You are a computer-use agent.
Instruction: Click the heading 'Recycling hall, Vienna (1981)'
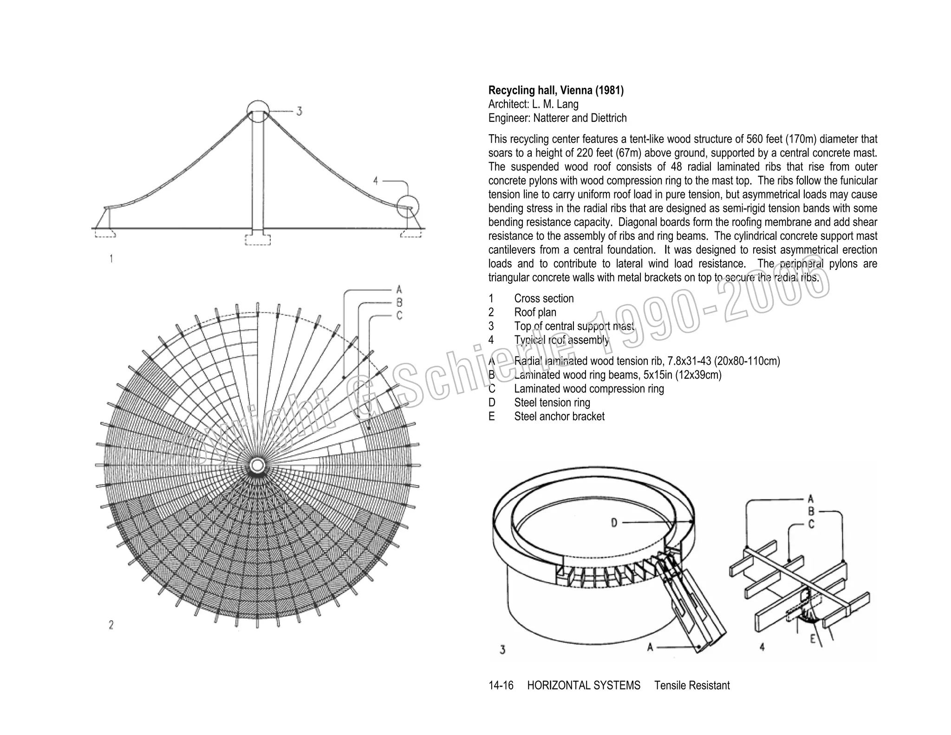pyautogui.click(x=556, y=90)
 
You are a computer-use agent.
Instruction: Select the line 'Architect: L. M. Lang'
pyautogui.click(x=533, y=104)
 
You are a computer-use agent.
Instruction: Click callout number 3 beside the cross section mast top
pyautogui.click(x=300, y=112)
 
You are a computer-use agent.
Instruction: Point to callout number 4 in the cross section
pyautogui.click(x=376, y=181)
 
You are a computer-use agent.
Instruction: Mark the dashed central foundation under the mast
pyautogui.click(x=258, y=239)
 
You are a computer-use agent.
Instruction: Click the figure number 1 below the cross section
pyautogui.click(x=111, y=259)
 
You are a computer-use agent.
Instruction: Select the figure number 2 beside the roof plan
pyautogui.click(x=111, y=625)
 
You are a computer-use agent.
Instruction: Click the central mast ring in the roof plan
pyautogui.click(x=257, y=465)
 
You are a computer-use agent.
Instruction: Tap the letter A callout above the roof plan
pyautogui.click(x=399, y=290)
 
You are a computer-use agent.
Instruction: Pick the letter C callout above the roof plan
pyautogui.click(x=399, y=316)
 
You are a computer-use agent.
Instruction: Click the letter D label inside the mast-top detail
pyautogui.click(x=614, y=523)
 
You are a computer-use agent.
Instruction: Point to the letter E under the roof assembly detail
pyautogui.click(x=813, y=639)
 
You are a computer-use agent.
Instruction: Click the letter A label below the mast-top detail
pyautogui.click(x=650, y=647)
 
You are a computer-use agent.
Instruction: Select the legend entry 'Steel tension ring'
pyautogui.click(x=552, y=402)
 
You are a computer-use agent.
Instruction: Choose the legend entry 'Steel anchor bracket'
pyautogui.click(x=559, y=416)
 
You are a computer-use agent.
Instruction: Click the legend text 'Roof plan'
pyautogui.click(x=535, y=312)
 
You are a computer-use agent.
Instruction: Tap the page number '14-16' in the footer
pyautogui.click(x=501, y=685)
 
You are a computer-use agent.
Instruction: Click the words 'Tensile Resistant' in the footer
pyautogui.click(x=692, y=685)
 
